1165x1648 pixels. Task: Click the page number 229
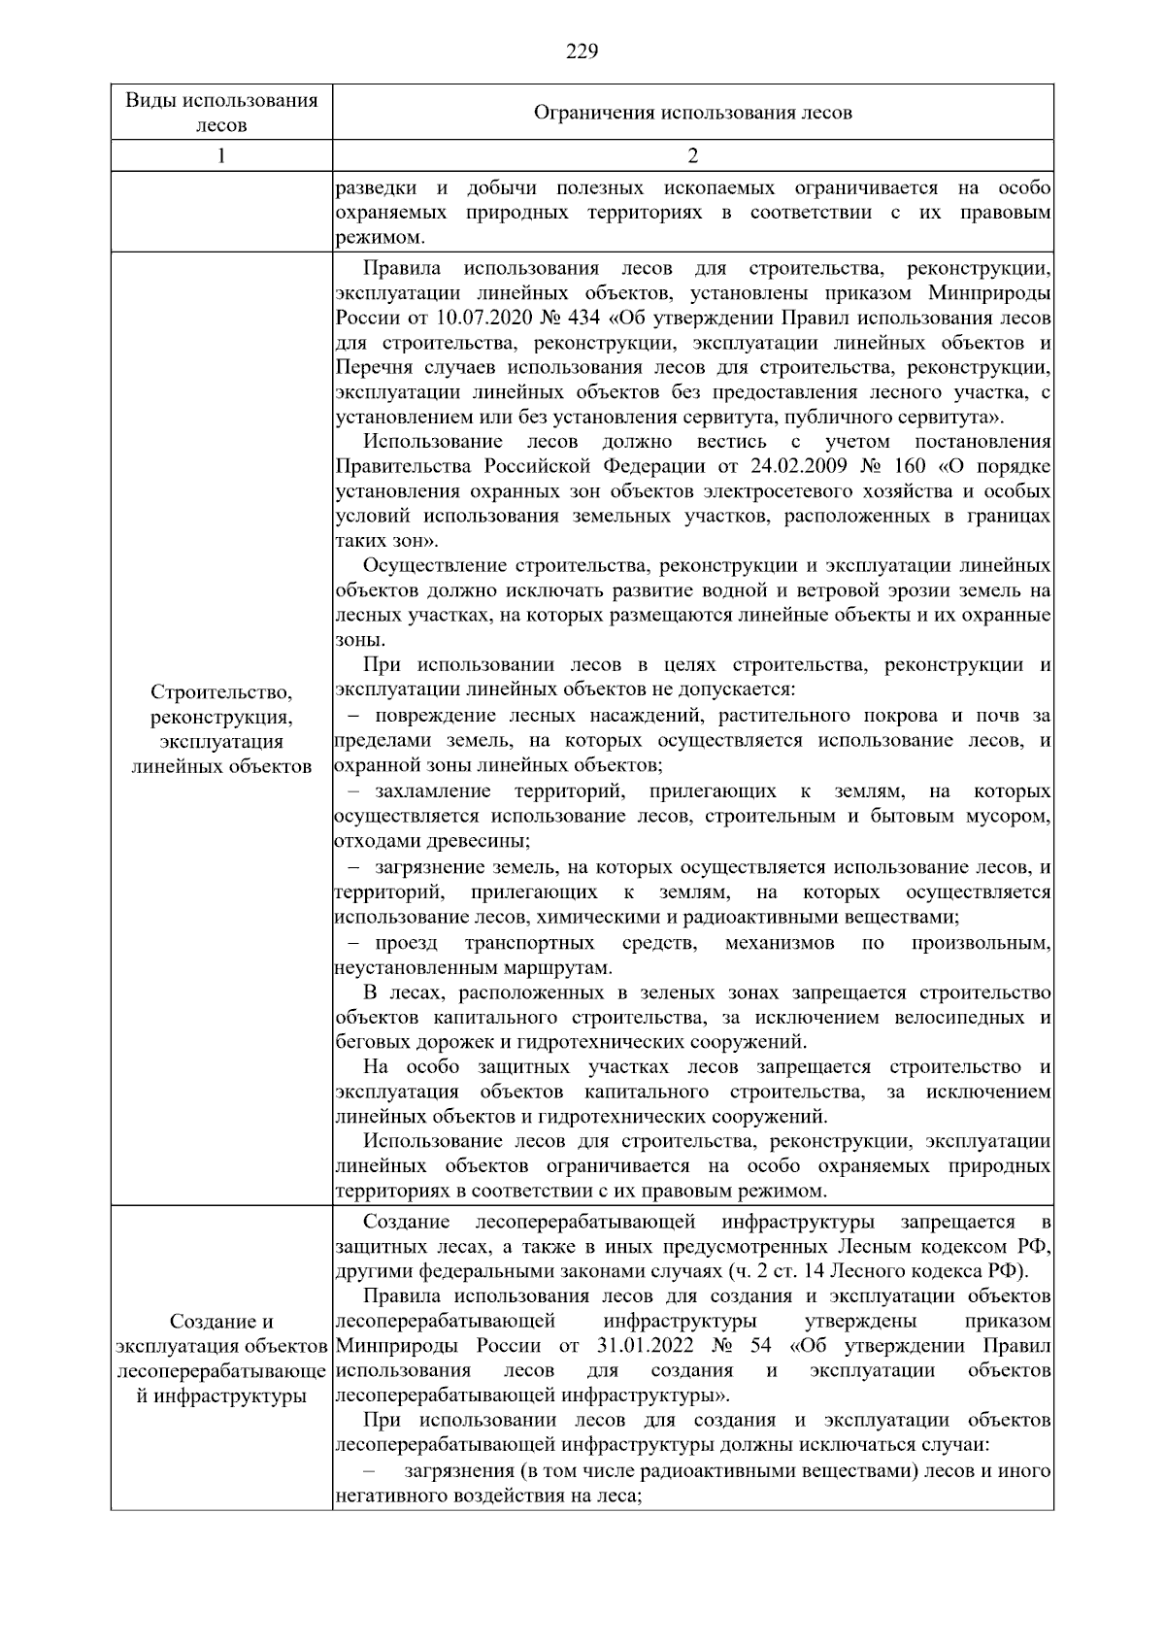(x=582, y=51)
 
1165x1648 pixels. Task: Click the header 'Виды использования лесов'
(x=221, y=113)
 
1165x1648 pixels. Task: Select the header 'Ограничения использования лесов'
(x=692, y=113)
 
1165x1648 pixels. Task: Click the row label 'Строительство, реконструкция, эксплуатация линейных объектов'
(x=221, y=728)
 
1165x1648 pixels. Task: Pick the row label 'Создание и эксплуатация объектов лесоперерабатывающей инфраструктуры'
(x=221, y=1359)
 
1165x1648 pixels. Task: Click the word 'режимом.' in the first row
(x=379, y=238)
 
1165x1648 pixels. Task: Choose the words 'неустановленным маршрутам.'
(x=473, y=968)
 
